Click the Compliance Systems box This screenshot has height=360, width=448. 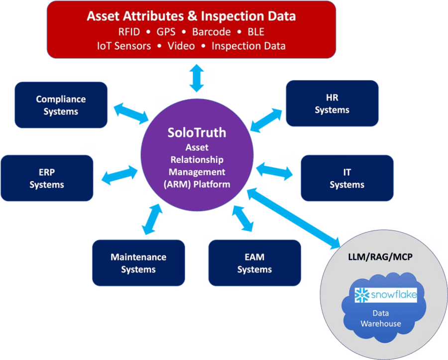pyautogui.click(x=61, y=105)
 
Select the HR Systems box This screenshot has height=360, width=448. pyautogui.click(x=332, y=104)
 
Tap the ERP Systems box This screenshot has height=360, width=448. pyautogui.click(x=47, y=178)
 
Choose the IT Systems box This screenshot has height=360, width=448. pyautogui.click(x=347, y=178)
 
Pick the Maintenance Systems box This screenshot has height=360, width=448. pyautogui.click(x=138, y=263)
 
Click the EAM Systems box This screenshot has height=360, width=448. pyautogui.click(x=254, y=263)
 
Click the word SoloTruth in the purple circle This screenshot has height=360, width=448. pyautogui.click(x=197, y=132)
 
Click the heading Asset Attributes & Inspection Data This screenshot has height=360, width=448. pyautogui.click(x=191, y=16)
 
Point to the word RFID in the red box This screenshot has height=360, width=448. pyautogui.click(x=128, y=32)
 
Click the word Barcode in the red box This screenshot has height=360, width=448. pyautogui.click(x=212, y=32)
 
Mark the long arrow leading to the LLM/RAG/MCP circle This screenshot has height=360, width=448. pyautogui.click(x=294, y=218)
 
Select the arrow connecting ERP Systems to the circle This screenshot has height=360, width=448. pyautogui.click(x=115, y=175)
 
